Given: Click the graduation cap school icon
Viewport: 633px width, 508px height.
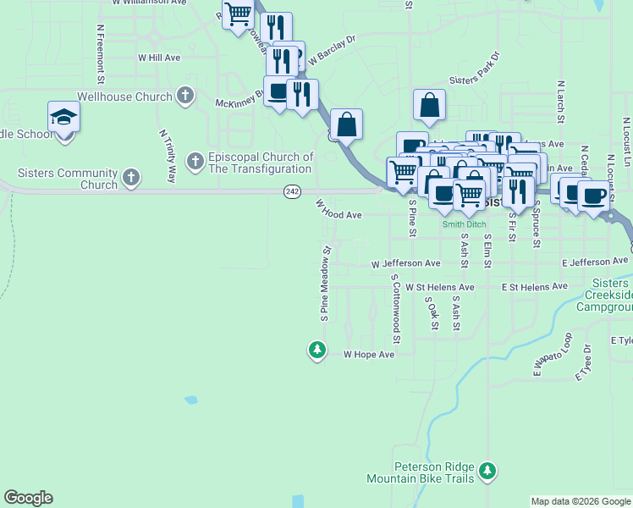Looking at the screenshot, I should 63,117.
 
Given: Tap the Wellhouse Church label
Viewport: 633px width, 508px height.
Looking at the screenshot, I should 124,97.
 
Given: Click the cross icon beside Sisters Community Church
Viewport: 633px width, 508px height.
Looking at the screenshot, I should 130,177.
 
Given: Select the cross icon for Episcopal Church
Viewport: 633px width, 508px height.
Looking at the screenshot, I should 195,159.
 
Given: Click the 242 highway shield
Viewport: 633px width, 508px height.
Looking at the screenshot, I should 292,192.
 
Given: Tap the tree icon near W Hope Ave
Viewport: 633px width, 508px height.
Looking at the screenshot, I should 317,349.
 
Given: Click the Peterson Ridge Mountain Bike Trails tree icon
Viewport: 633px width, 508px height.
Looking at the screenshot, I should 487,470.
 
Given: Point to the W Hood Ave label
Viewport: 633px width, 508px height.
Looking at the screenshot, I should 339,211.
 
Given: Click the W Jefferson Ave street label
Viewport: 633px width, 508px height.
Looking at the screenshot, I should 406,264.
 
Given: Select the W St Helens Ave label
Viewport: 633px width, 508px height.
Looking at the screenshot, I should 439,288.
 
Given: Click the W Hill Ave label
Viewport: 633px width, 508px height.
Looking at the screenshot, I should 159,58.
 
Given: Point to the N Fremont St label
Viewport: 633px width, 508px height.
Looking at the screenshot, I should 101,53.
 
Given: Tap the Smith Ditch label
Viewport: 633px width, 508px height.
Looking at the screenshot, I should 464,224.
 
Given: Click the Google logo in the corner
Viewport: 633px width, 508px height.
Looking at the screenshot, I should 28,498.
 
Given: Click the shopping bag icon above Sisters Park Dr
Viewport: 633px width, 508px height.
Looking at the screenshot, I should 430,106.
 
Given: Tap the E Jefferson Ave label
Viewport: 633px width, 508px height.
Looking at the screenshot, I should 595,264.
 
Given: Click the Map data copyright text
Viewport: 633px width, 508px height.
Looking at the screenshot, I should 581,501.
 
